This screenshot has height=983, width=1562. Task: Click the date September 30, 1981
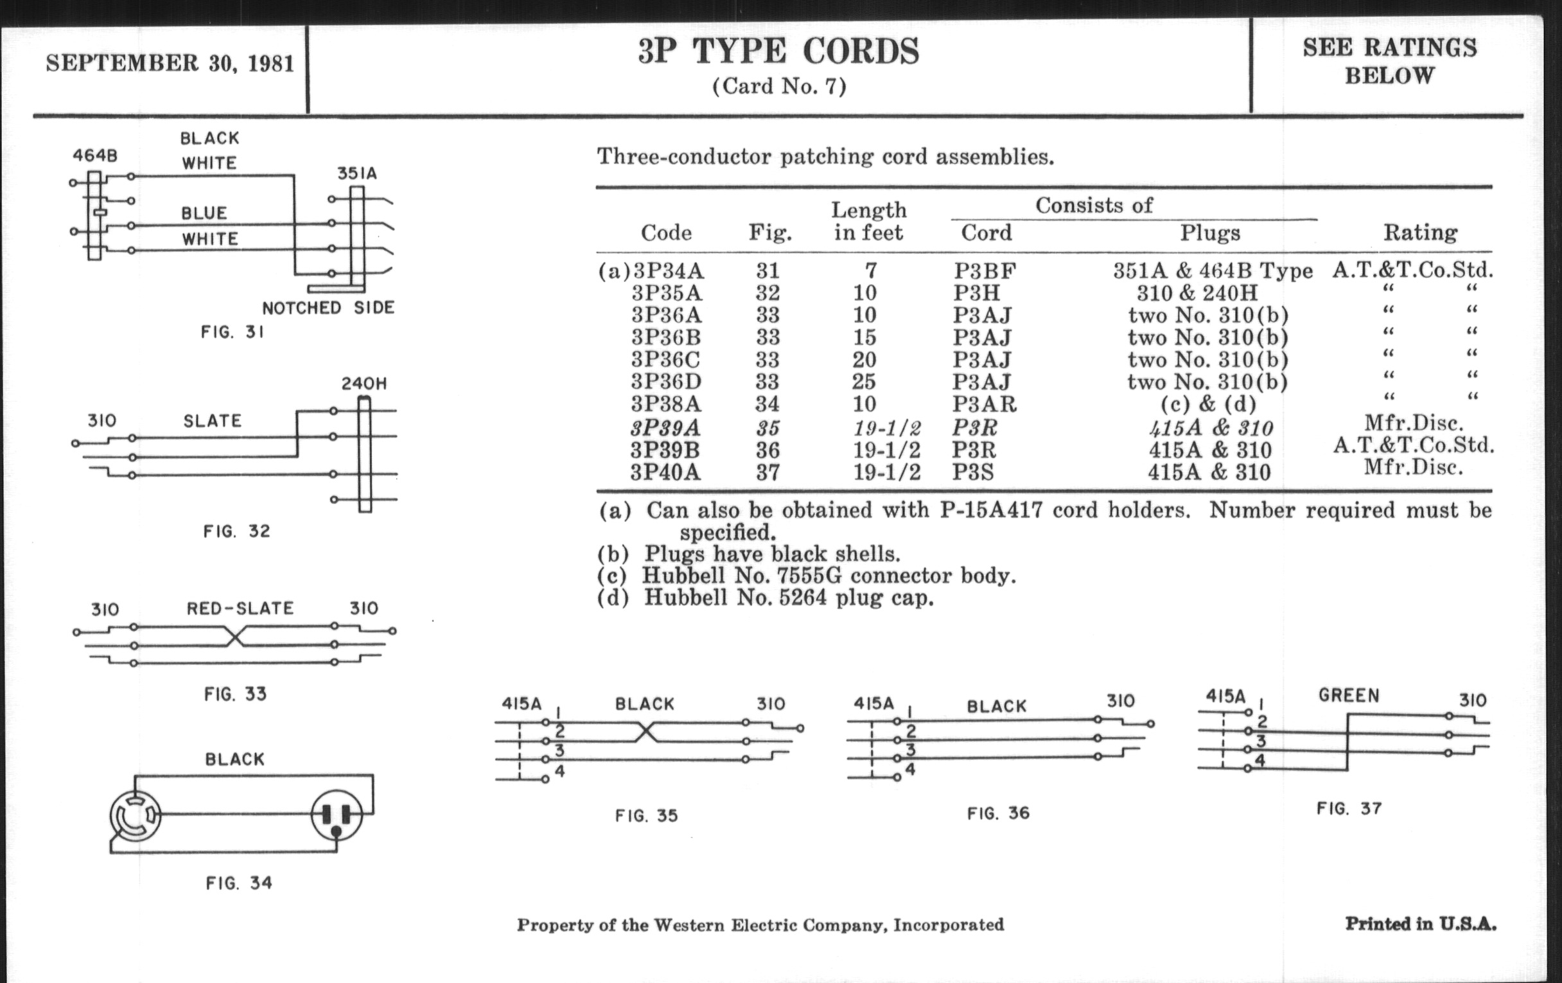170,63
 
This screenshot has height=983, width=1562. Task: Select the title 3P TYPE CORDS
778,51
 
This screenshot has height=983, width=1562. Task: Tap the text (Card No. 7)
779,86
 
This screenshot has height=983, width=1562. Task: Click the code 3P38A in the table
666,403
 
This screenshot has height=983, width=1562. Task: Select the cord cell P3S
973,472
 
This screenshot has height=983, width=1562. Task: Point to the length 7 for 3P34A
870,270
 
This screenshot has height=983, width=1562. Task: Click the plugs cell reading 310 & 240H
1197,292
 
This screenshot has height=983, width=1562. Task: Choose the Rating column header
1421,233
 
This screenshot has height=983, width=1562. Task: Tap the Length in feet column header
868,220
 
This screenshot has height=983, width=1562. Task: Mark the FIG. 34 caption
239,883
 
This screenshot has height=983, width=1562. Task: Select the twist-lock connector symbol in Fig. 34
136,815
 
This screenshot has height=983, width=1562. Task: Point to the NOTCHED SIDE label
328,308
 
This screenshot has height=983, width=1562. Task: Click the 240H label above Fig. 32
365,384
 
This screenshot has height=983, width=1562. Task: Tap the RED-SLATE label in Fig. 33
240,608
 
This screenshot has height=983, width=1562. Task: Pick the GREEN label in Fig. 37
1349,696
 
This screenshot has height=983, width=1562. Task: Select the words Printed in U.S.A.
1421,924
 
